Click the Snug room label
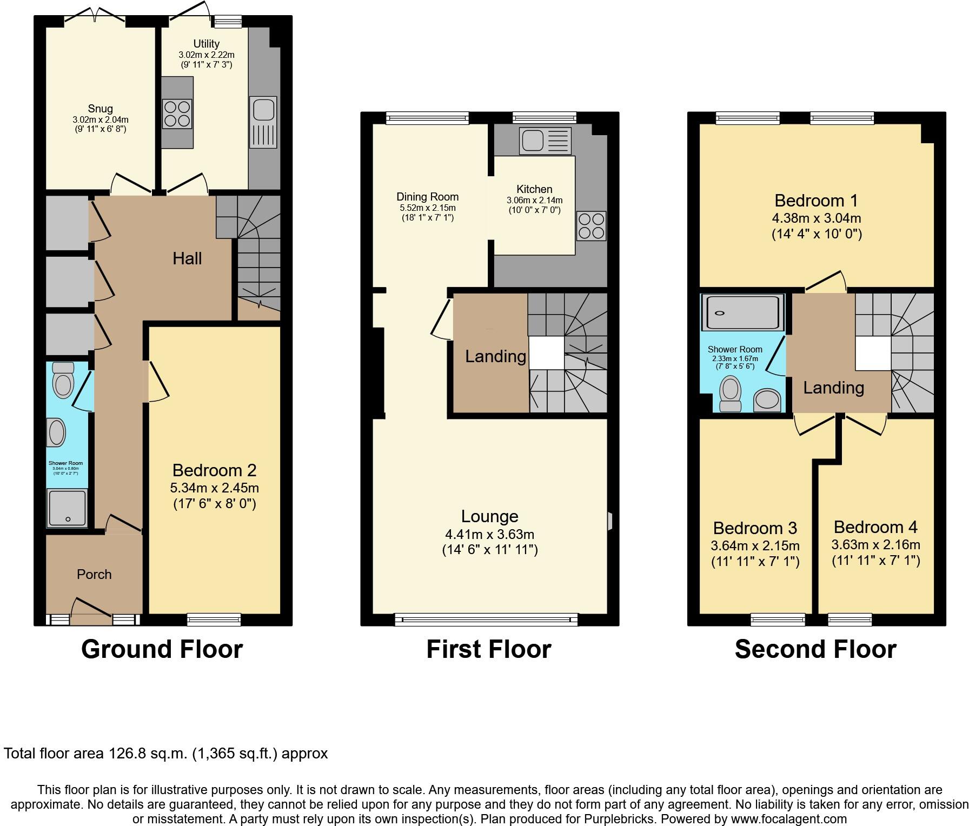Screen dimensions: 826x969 point(101,109)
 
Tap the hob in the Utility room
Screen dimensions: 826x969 point(177,114)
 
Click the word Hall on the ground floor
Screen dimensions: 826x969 point(187,258)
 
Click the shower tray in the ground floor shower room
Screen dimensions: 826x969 point(67,508)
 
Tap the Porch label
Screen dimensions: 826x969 point(94,574)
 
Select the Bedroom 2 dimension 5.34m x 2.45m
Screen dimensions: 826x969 point(214,488)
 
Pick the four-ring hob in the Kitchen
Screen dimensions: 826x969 point(591,226)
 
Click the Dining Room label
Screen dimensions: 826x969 point(427,197)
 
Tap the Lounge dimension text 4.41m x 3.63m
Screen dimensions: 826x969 point(489,535)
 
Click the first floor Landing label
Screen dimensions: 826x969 point(495,356)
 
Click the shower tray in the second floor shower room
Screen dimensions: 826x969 point(742,312)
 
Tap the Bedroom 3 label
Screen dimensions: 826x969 point(755,528)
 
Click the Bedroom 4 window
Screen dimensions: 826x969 point(849,619)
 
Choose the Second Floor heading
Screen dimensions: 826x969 point(815,649)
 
